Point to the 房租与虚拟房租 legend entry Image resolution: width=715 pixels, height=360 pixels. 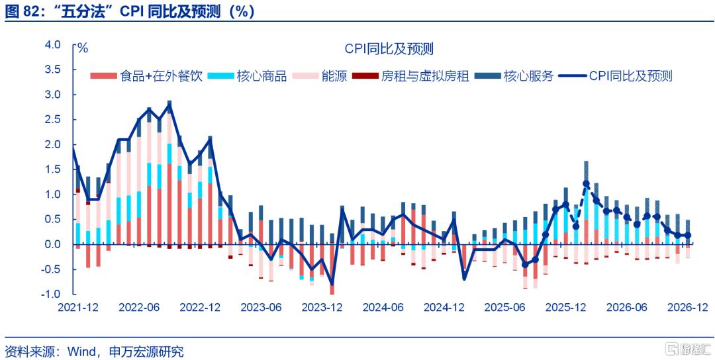pos(411,76)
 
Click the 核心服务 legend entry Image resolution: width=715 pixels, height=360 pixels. pos(515,76)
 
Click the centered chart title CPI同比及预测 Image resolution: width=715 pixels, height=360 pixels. pos(389,48)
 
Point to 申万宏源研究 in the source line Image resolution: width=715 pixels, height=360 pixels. pos(146,351)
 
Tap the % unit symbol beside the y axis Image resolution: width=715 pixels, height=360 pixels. pos(83,48)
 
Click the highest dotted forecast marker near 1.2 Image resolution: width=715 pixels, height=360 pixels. pos(587,184)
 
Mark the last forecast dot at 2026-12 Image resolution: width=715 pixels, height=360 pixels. pos(688,235)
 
